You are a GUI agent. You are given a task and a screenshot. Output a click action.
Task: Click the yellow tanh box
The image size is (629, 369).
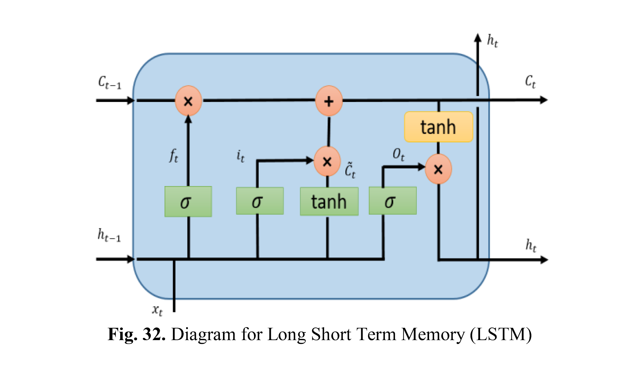[x=439, y=127]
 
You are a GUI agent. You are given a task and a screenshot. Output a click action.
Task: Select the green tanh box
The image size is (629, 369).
[x=329, y=202]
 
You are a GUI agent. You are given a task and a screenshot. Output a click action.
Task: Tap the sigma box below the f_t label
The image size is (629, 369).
[x=188, y=202]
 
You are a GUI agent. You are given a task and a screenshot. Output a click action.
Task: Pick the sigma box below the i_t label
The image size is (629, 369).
[x=260, y=201]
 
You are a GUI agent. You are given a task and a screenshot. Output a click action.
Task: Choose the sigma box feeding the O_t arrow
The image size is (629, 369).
[x=393, y=201]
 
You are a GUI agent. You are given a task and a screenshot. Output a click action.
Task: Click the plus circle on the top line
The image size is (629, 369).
[x=329, y=101]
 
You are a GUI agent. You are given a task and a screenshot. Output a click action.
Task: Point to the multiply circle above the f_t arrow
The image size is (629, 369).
[x=188, y=101]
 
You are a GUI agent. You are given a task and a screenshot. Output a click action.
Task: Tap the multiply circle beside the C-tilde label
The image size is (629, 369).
[x=327, y=161]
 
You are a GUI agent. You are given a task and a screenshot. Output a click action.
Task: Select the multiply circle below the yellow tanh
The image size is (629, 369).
[x=438, y=169]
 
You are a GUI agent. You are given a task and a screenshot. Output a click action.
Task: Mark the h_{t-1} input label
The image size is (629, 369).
[x=109, y=235]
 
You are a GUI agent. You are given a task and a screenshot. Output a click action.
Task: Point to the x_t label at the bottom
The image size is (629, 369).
[x=157, y=310]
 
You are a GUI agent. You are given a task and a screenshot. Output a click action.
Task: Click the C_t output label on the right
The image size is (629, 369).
[x=530, y=82]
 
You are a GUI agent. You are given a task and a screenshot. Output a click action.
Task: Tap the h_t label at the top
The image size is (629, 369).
[x=493, y=41]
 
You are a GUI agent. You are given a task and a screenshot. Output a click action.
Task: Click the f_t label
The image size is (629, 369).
[x=174, y=155]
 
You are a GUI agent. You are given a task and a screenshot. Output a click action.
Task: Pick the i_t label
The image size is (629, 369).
[x=240, y=156]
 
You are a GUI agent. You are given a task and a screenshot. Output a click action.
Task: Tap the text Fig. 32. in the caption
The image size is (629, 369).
[x=137, y=334]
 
